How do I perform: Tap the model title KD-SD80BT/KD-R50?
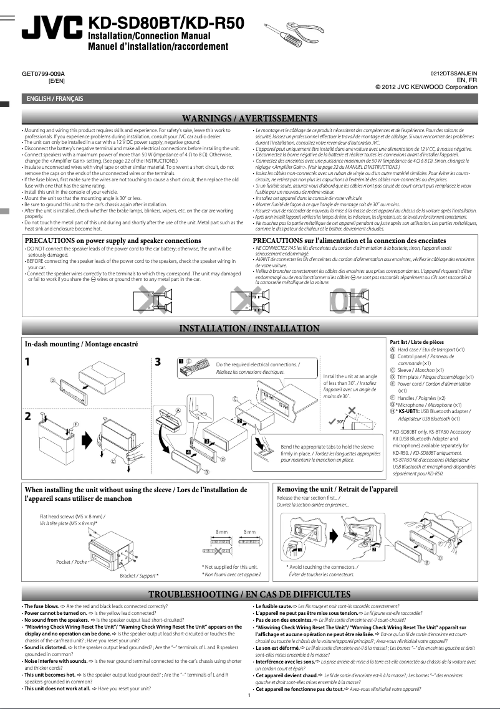click(167, 23)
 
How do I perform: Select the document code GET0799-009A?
click(43, 74)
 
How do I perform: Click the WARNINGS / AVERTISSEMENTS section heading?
click(249, 118)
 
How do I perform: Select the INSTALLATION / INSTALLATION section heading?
click(249, 328)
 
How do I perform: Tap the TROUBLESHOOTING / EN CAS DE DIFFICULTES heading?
click(249, 594)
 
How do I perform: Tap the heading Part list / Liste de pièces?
click(416, 342)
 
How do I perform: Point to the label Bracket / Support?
click(138, 576)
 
